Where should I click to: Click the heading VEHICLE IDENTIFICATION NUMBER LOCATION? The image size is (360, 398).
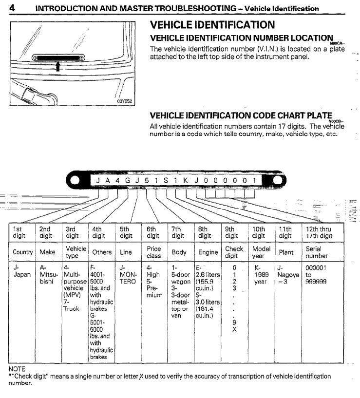point(241,38)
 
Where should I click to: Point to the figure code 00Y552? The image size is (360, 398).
point(125,101)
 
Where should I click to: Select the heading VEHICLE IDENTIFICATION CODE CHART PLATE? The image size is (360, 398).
point(241,115)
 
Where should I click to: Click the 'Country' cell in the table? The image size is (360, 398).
point(23,252)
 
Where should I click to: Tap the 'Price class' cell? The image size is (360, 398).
point(154,252)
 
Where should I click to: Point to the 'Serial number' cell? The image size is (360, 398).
point(317,252)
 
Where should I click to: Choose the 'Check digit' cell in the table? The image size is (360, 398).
point(234,252)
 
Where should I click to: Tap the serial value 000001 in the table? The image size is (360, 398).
point(316,268)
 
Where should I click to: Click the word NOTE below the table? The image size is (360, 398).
point(18,369)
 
